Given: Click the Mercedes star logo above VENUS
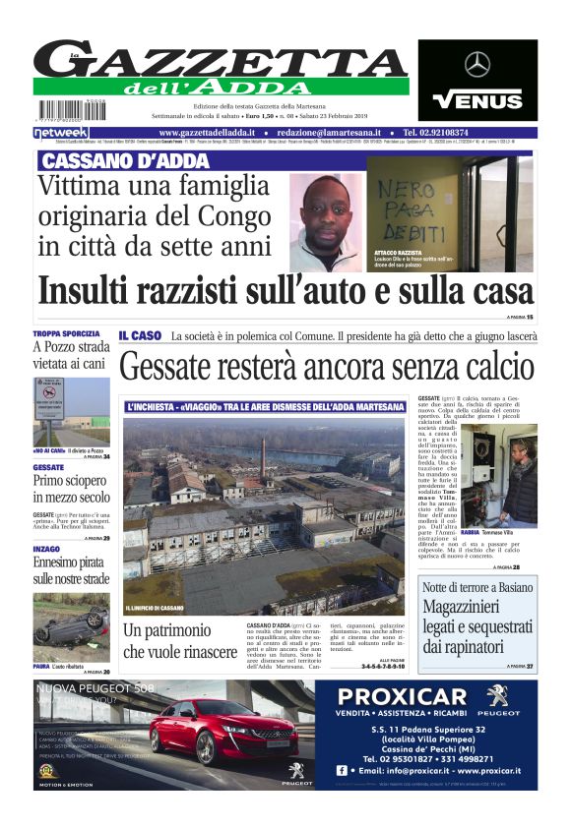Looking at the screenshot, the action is (477, 65).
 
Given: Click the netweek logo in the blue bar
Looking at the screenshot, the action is (60, 132).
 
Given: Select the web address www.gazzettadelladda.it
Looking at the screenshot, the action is (207, 132).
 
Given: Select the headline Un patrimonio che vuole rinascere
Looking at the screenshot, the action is (179, 640).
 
